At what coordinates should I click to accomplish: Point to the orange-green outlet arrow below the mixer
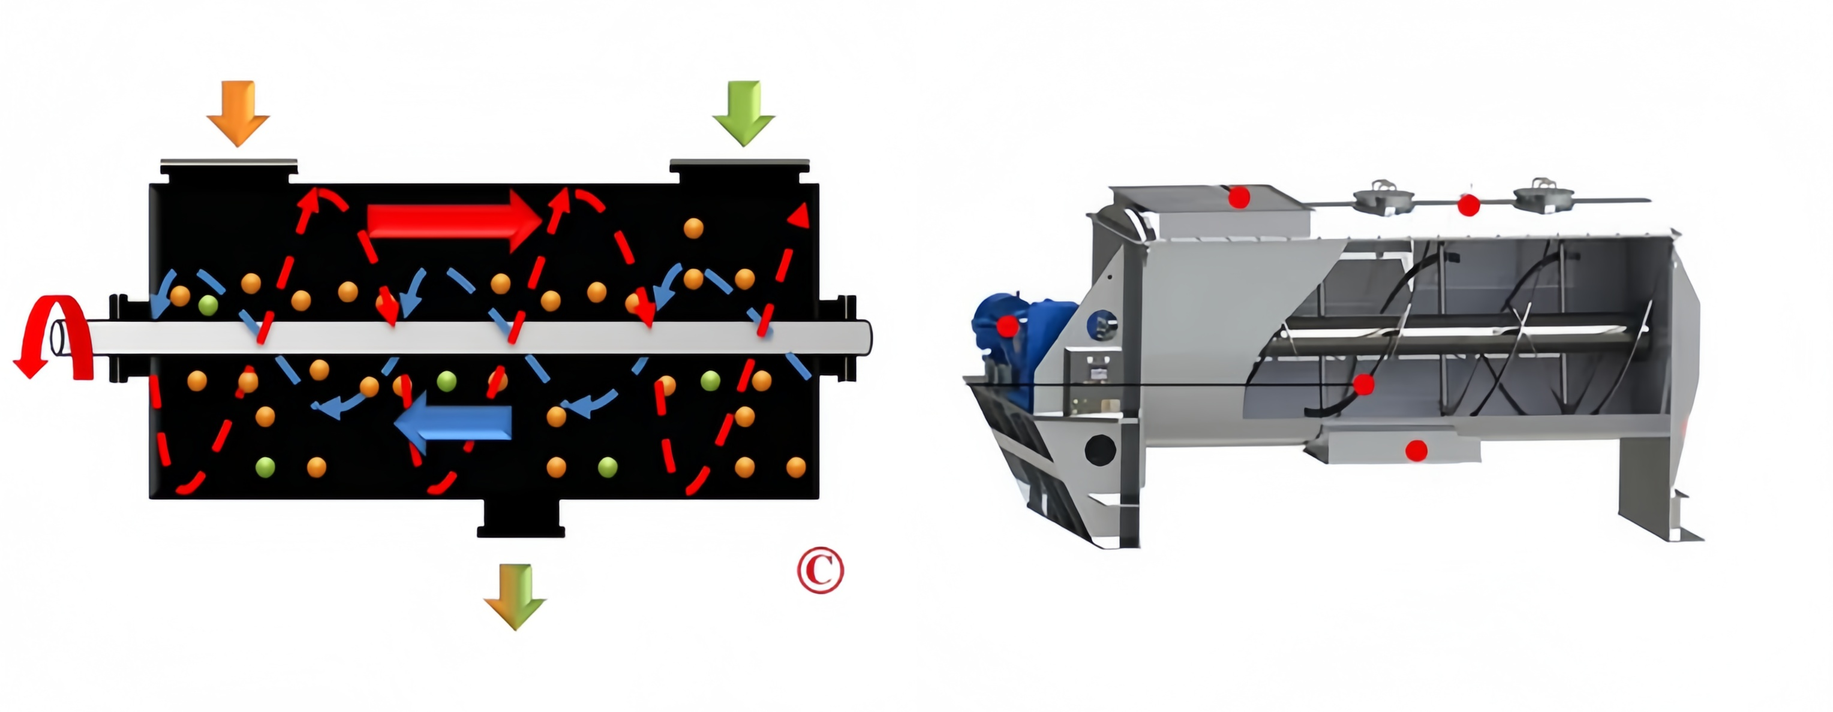(515, 596)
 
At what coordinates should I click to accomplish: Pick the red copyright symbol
(820, 570)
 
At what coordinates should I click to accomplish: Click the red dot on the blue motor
(1007, 327)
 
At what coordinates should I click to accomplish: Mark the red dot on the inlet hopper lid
(1239, 197)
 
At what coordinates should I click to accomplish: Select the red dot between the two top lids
(1469, 206)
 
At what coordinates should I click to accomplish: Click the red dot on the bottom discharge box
(1416, 450)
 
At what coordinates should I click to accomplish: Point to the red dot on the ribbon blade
(1363, 385)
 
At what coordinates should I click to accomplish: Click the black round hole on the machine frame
(1100, 450)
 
